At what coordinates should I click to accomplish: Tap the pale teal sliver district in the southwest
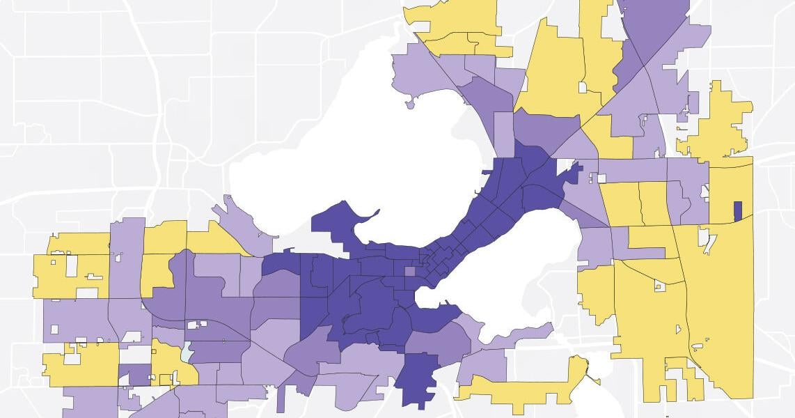click(x=186, y=354)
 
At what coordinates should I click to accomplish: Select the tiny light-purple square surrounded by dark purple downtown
click(x=410, y=272)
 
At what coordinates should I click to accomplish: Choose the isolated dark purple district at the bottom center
click(x=418, y=380)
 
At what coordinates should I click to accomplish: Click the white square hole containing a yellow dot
click(x=657, y=285)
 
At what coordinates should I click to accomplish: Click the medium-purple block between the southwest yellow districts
click(x=135, y=374)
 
